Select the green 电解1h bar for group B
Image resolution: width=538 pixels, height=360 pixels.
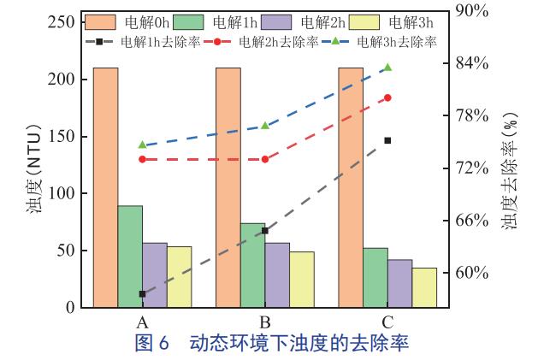252,264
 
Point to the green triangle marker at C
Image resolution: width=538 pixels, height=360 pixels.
387,68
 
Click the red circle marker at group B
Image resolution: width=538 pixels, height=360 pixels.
265,159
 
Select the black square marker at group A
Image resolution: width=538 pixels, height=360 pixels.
142,294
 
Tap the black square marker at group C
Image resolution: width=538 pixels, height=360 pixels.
387,140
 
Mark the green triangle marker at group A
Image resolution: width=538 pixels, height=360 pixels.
142,145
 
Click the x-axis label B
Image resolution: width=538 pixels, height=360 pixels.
265,322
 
